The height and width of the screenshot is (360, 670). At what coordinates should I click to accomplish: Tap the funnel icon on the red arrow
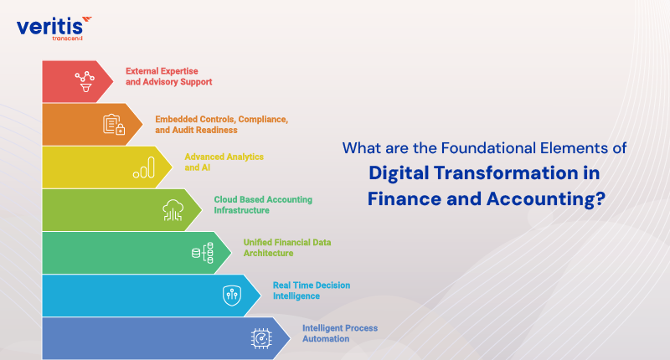84,81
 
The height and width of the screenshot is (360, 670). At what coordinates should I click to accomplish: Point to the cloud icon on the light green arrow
173,209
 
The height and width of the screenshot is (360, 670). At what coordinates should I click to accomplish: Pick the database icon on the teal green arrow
203,252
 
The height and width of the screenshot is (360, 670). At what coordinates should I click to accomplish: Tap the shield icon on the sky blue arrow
232,295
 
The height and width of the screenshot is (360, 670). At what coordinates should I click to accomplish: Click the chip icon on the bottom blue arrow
262,337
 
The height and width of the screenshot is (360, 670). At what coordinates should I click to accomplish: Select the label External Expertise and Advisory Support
168,76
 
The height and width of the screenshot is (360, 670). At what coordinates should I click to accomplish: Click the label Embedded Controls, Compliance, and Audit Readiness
221,125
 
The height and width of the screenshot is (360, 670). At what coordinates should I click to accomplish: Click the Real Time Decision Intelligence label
311,290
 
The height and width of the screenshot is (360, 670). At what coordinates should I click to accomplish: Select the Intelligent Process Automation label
339,332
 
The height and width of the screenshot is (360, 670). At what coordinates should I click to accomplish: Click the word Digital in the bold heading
403,174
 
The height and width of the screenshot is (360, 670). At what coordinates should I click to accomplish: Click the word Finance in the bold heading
399,201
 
